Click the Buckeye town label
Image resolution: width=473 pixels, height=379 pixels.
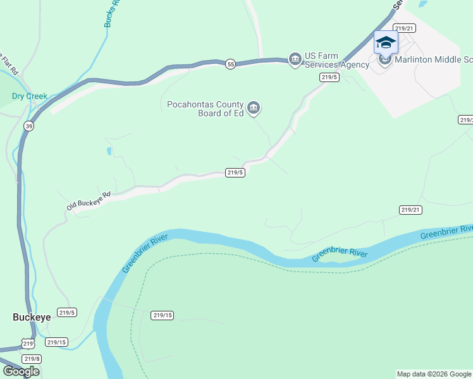tap(31, 317)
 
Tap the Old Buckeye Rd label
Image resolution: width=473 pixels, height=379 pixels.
tap(89, 201)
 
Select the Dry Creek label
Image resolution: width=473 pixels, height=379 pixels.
tap(30, 96)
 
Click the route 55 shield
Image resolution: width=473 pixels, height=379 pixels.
tap(231, 64)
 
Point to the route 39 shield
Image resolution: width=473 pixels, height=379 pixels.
tap(29, 126)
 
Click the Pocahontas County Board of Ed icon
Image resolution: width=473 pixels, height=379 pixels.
tap(254, 109)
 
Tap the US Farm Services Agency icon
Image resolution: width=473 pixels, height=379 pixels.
tap(295, 59)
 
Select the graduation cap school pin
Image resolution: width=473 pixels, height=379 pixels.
tap(386, 43)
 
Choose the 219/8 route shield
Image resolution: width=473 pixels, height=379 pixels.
tap(32, 359)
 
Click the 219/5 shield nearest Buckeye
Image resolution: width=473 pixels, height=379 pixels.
tap(67, 312)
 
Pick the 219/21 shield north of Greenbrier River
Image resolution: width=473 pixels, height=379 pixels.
tap(410, 210)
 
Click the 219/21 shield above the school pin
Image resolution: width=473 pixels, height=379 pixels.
tap(404, 28)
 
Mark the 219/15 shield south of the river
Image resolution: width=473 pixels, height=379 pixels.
tap(163, 315)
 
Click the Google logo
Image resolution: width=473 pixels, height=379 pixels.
tap(21, 371)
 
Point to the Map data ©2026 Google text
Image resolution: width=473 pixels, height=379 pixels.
tap(434, 374)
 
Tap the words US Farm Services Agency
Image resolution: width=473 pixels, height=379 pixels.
tap(336, 60)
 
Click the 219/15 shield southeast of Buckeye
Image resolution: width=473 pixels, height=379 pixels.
tap(56, 342)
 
